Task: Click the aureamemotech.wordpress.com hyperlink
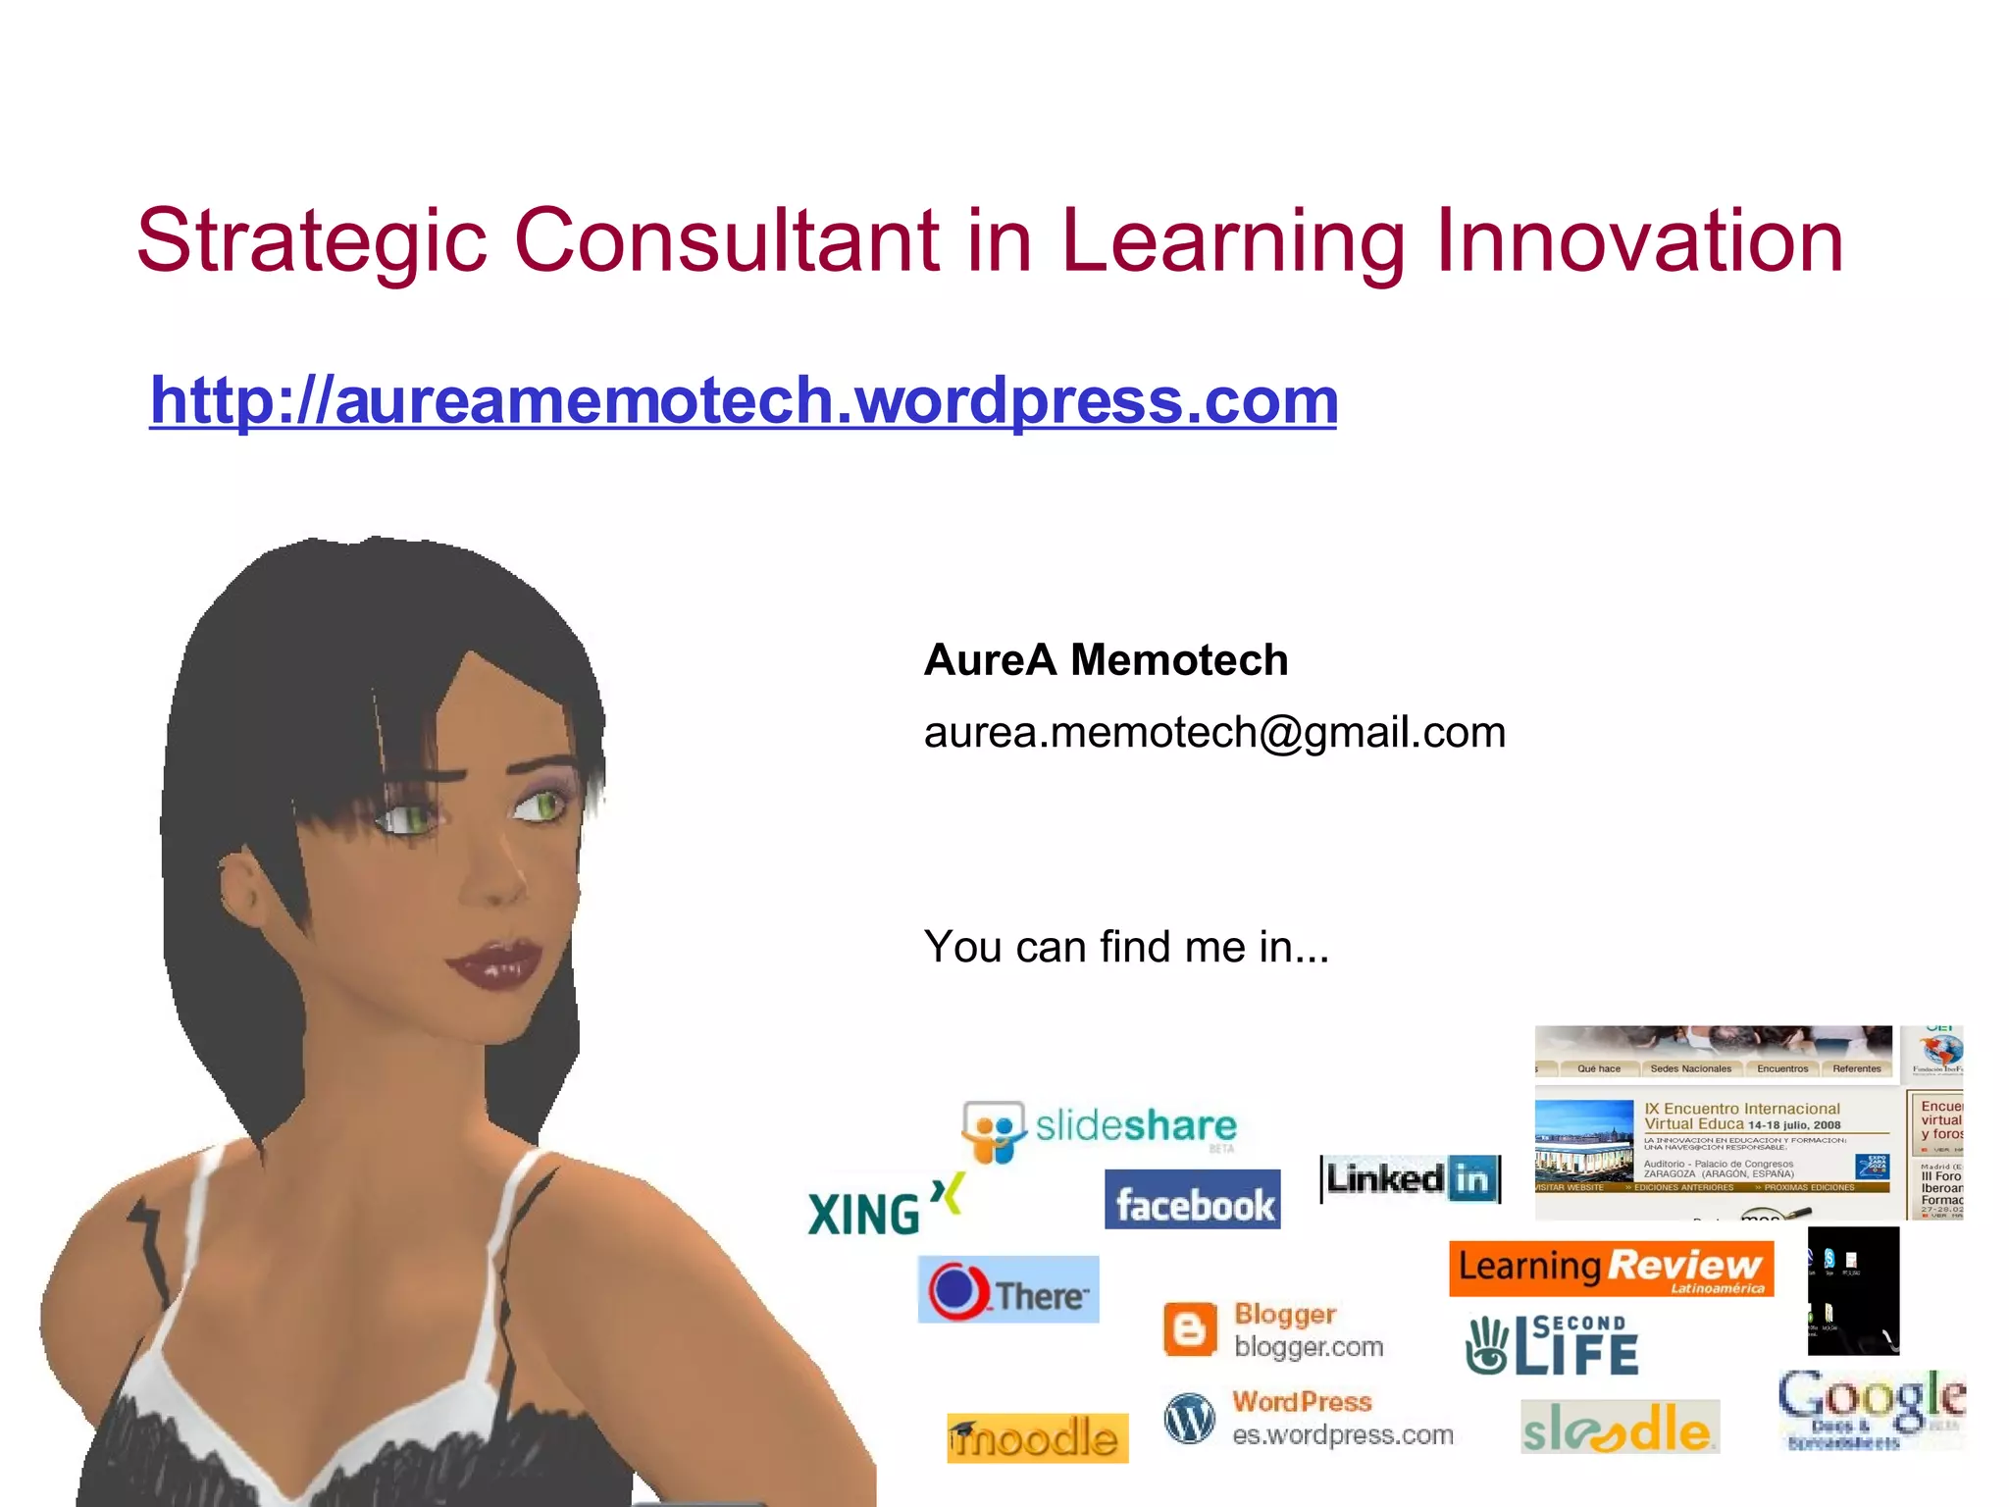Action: point(744,400)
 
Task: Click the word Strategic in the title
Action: point(312,241)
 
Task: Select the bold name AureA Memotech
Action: point(1106,659)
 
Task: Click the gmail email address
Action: point(1214,732)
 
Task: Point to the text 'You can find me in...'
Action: point(1126,947)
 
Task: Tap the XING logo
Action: point(883,1207)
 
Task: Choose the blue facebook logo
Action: point(1192,1200)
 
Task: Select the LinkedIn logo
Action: point(1411,1178)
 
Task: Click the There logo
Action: point(1008,1290)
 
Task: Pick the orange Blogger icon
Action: point(1189,1330)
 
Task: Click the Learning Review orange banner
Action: point(1611,1268)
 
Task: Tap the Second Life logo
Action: point(1552,1345)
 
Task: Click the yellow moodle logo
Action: point(1037,1438)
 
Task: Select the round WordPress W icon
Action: point(1189,1419)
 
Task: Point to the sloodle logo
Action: point(1620,1428)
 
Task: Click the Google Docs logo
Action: point(1871,1408)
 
